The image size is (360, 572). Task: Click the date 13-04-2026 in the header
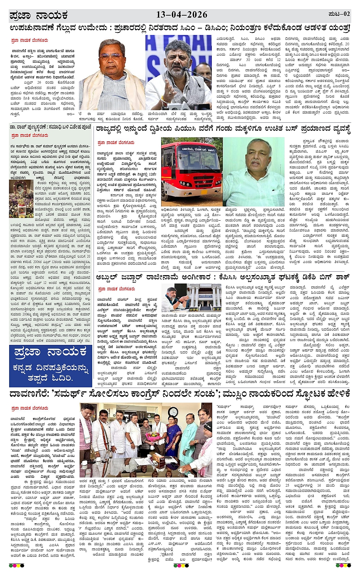tap(182, 15)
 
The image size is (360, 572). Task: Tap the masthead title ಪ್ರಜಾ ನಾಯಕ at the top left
tap(38, 16)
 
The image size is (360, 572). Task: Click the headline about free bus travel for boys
tap(223, 130)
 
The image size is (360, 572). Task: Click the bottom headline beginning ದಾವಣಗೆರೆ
tap(179, 393)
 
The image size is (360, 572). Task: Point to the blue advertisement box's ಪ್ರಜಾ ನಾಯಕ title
tap(50, 352)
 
